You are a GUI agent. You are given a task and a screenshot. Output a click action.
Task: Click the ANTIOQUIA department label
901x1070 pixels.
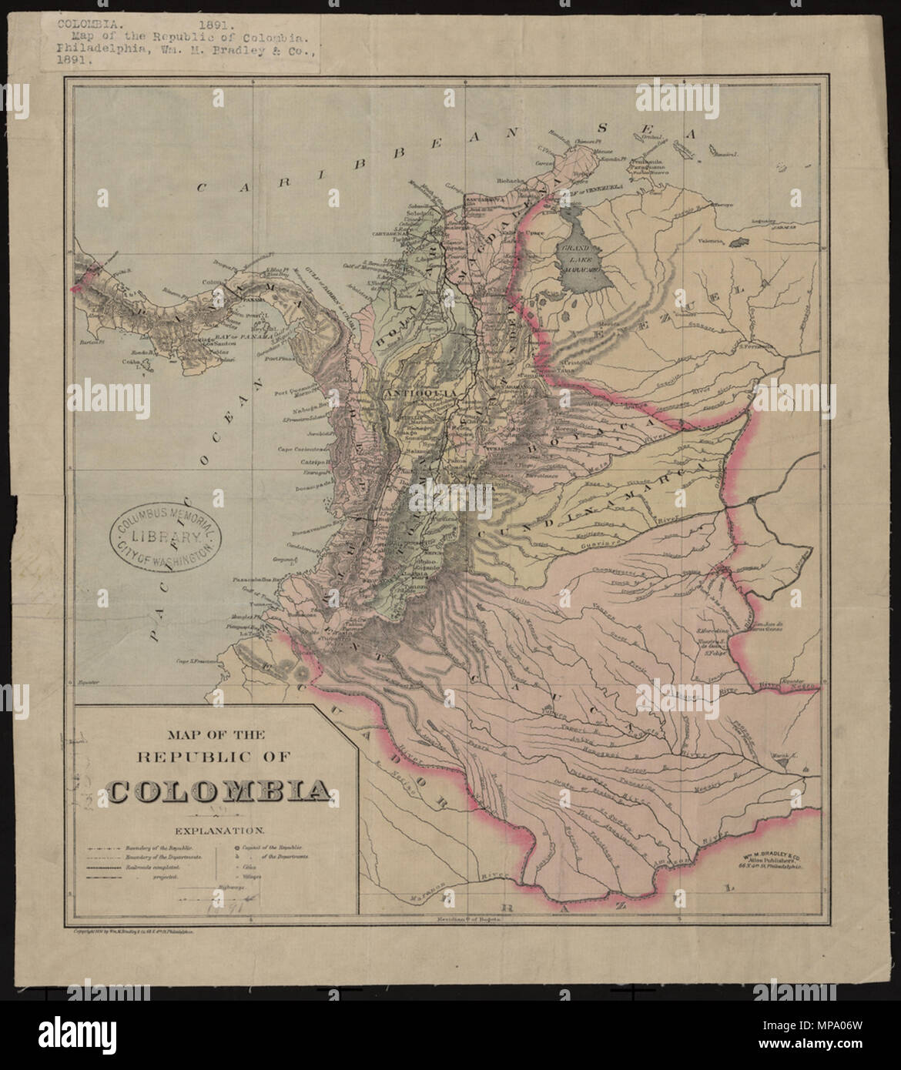[413, 390]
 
